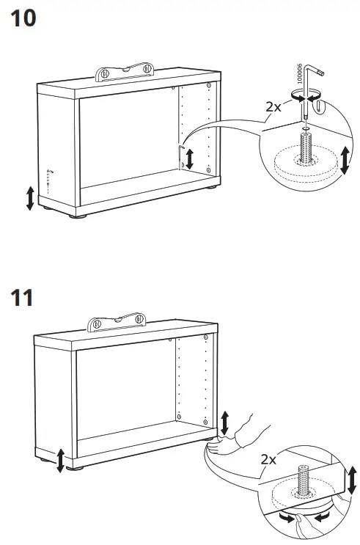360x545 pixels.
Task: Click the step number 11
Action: (22, 299)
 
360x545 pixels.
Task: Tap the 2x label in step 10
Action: (274, 106)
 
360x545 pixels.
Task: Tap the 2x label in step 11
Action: (268, 460)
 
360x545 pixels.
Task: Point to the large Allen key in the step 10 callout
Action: (307, 88)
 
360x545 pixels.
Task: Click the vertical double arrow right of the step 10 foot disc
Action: (345, 159)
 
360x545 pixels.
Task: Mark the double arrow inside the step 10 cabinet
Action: (190, 158)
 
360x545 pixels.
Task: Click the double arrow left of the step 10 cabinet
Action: (30, 198)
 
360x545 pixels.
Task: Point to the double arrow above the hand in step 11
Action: (224, 423)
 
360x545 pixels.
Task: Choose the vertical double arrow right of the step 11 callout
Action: (352, 479)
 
